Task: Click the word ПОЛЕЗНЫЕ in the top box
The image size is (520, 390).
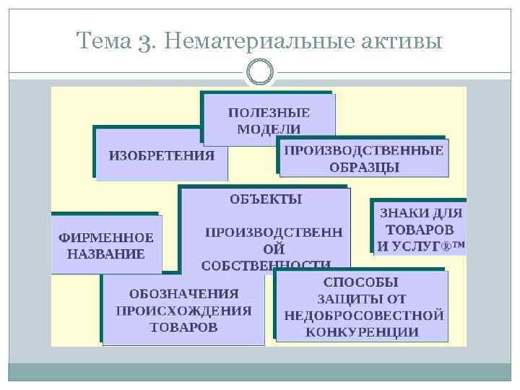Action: tap(269, 113)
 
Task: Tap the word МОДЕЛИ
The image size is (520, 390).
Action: tap(269, 129)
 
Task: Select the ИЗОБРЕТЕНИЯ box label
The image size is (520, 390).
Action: tap(162, 155)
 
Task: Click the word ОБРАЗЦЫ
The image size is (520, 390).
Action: tap(365, 167)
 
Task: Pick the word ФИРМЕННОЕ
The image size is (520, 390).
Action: tap(106, 238)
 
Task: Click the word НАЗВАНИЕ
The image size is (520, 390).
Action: tap(106, 253)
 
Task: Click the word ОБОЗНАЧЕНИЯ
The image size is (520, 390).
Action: tap(183, 294)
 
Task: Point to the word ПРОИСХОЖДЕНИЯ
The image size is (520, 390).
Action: tap(183, 311)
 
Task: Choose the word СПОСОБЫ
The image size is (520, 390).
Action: tap(361, 282)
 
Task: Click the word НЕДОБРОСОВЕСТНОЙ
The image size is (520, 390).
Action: tap(363, 316)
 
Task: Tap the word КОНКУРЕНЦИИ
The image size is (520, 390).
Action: tap(362, 332)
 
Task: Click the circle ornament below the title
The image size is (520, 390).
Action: tap(260, 72)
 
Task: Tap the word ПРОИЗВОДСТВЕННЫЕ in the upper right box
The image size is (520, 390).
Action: tap(363, 150)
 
